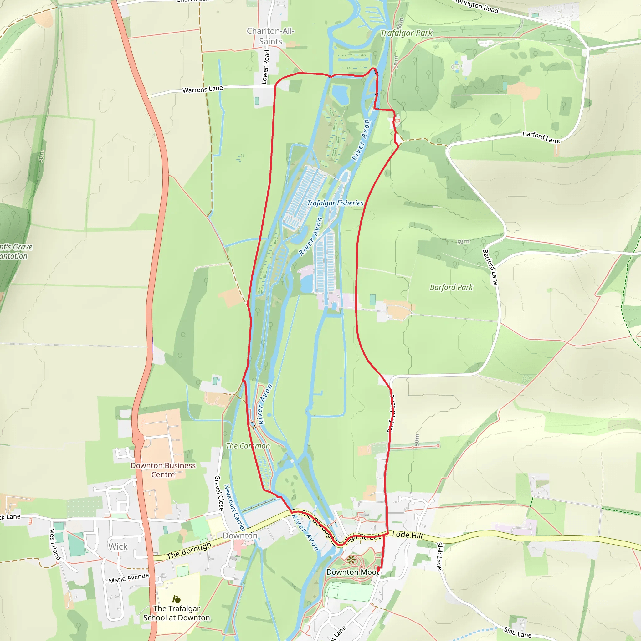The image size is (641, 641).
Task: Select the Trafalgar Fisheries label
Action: coord(335,203)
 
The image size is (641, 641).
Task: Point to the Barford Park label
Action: coord(451,287)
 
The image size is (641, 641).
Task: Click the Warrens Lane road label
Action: coord(203,89)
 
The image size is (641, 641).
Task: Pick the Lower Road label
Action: coord(266,67)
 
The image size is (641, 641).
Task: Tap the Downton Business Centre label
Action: coord(163,470)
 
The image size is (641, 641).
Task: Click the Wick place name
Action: coord(118,546)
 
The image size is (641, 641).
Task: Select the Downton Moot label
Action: coord(352,572)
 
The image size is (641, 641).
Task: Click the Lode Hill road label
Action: coord(408,535)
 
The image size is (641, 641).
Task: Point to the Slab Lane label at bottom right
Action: coord(518,632)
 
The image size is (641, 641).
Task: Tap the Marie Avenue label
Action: coord(129,578)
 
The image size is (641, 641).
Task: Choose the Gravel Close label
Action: coord(219,493)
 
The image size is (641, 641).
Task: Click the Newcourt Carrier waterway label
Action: coord(234,507)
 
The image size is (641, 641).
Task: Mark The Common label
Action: coord(248,446)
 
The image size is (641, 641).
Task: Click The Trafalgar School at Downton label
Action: coord(177,613)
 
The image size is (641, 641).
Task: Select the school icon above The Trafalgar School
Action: coord(177,599)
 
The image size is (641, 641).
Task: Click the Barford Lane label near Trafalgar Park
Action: coord(541,137)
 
